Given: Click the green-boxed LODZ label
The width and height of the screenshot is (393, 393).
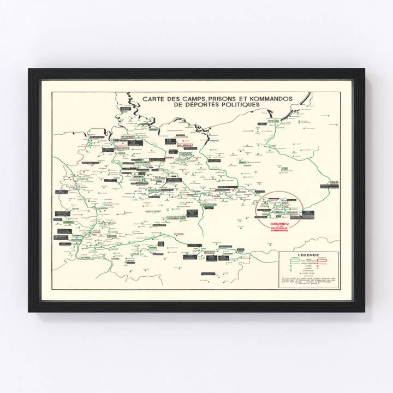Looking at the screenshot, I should click(x=284, y=169).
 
